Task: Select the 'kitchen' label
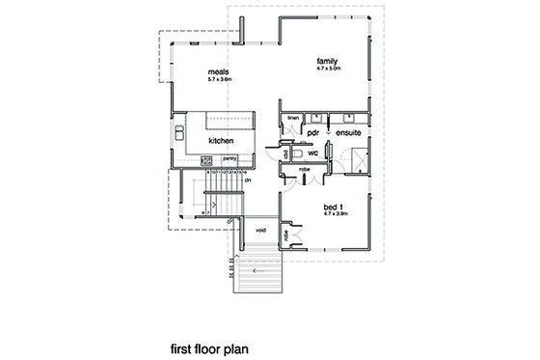[x=222, y=141]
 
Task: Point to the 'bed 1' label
[x=333, y=206]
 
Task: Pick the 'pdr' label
[x=312, y=133]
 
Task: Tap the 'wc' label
[x=313, y=152]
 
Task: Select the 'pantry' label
[x=229, y=156]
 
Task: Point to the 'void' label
[x=260, y=231]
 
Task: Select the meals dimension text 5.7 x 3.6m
[x=220, y=78]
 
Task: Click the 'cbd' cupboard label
[x=287, y=152]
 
